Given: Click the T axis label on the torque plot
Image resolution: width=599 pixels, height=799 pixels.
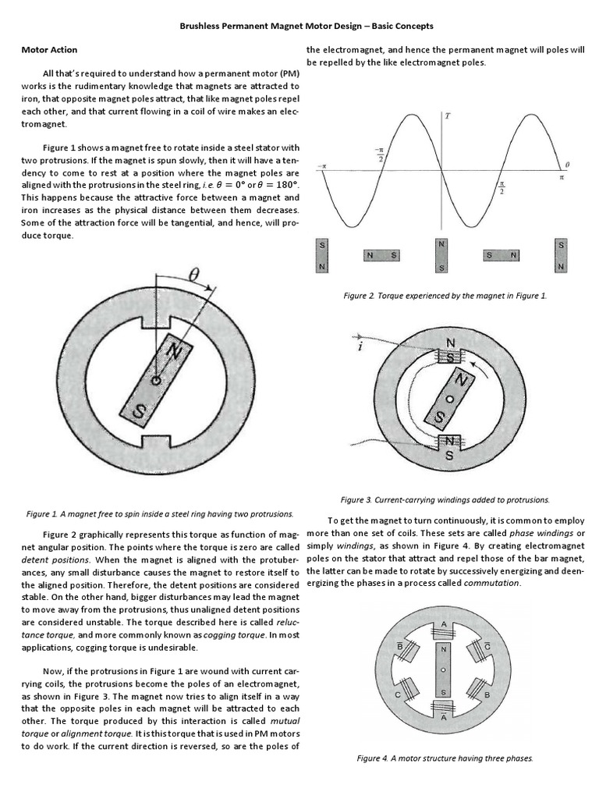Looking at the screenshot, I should pyautogui.click(x=447, y=116).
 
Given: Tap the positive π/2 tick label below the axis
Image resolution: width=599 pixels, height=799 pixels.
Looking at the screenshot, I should pyautogui.click(x=502, y=188).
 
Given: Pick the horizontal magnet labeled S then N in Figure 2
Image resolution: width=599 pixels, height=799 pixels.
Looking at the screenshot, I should pyautogui.click(x=501, y=255).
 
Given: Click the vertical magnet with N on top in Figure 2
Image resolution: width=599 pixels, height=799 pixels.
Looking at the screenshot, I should pyautogui.click(x=441, y=255).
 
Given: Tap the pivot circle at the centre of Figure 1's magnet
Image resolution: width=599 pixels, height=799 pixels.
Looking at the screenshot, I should pyautogui.click(x=156, y=380).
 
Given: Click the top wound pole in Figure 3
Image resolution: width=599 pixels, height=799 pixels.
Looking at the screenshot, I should pyautogui.click(x=450, y=354).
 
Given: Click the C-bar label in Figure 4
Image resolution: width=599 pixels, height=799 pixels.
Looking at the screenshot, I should pyautogui.click(x=487, y=645).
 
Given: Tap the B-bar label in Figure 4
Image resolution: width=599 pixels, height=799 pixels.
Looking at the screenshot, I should pyautogui.click(x=400, y=645).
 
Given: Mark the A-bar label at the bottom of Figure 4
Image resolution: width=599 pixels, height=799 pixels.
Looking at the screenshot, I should pyautogui.click(x=444, y=719).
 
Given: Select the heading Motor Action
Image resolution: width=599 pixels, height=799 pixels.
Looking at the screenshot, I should pyautogui.click(x=48, y=50).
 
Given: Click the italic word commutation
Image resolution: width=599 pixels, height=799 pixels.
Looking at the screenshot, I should pyautogui.click(x=492, y=583).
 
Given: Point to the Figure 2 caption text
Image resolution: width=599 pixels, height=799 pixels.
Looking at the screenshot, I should pyautogui.click(x=445, y=297).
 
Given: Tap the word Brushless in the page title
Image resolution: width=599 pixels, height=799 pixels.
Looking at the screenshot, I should pyautogui.click(x=201, y=26).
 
